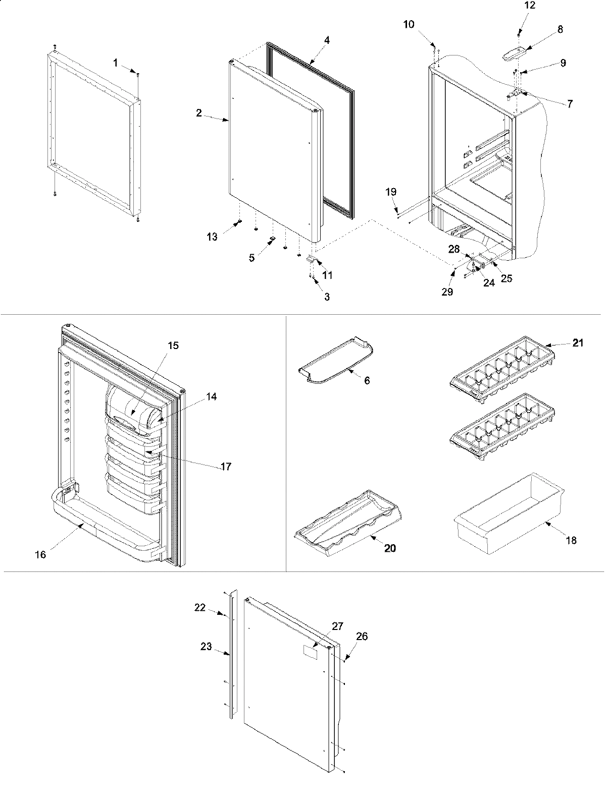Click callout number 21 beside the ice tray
coord(578,343)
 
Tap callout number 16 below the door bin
coord(40,555)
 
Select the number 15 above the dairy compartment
coord(173,346)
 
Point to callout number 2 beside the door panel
coord(199,113)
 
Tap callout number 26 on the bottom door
coord(362,637)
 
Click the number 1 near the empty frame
coord(116,63)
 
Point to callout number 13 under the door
coord(213,237)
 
